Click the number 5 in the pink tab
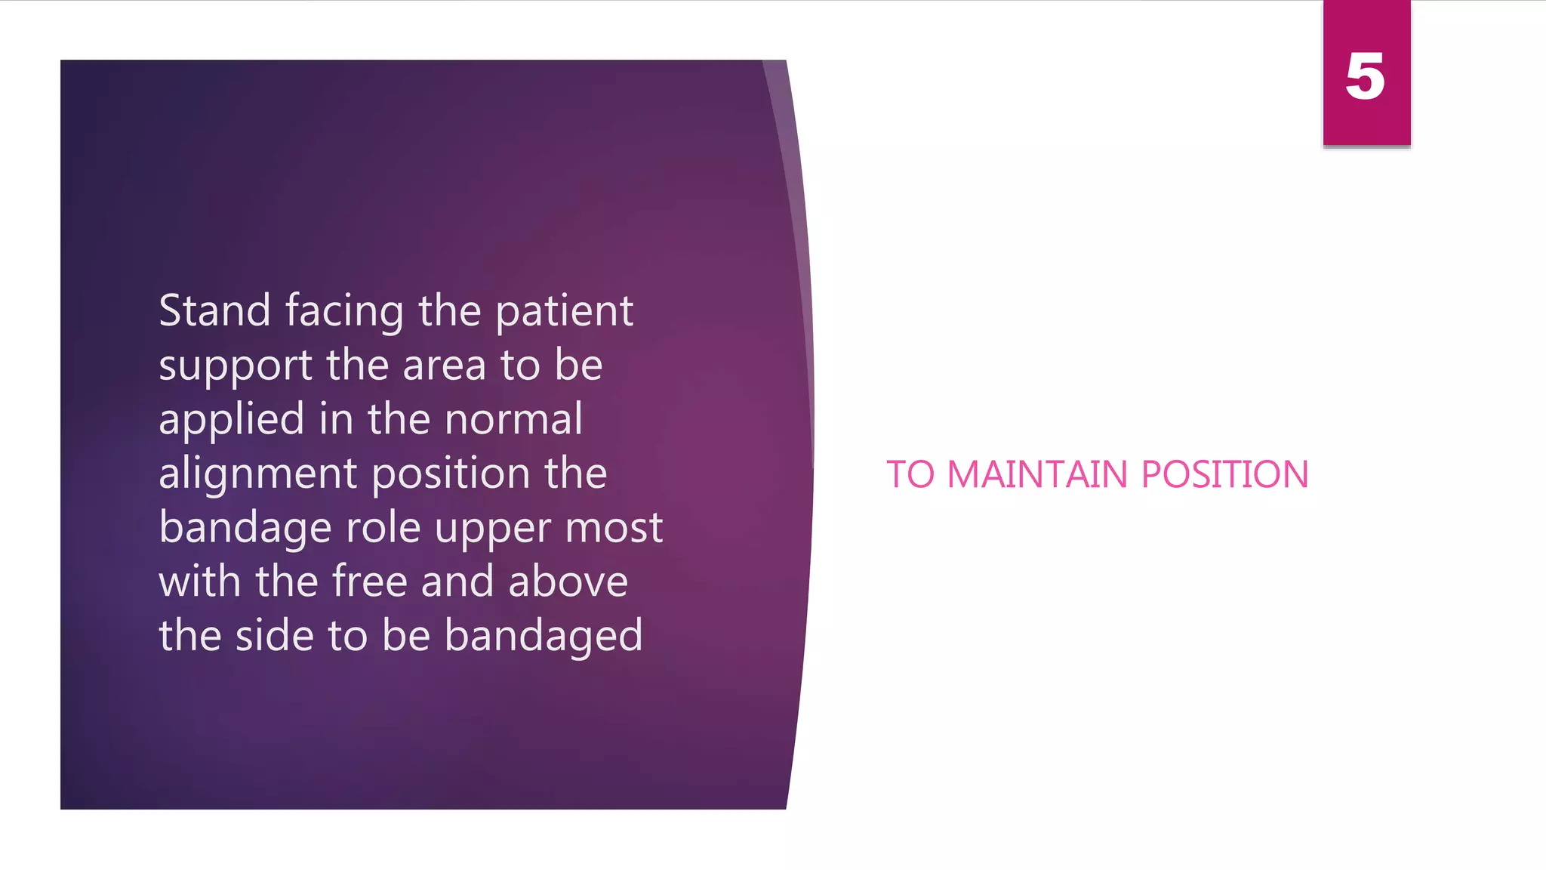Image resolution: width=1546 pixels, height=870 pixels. (x=1365, y=77)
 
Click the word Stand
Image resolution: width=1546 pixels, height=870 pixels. (x=214, y=311)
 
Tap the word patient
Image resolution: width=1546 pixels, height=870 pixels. (x=564, y=311)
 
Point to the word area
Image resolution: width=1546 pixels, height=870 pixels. (x=444, y=366)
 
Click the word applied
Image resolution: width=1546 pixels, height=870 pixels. (x=231, y=421)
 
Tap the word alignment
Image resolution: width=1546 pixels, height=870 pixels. (x=257, y=475)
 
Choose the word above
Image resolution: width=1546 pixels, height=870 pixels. (x=568, y=582)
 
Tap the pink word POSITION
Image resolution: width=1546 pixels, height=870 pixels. (x=1224, y=475)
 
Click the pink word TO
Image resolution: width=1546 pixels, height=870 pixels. (x=910, y=475)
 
